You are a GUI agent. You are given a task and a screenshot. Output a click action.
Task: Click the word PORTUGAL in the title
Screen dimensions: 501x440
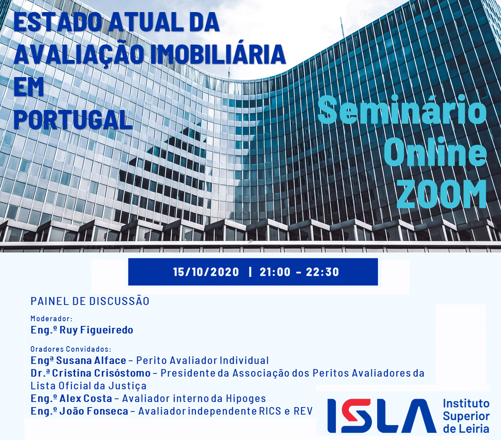73,120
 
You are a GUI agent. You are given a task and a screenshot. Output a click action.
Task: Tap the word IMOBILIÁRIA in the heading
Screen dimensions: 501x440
218,54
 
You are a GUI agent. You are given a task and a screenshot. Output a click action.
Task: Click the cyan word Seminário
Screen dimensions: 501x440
402,110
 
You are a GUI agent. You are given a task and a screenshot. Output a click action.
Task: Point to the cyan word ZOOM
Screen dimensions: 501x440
442,194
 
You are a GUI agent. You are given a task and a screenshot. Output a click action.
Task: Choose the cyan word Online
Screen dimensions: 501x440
435,152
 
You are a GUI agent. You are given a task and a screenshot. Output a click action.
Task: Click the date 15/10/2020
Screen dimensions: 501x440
206,272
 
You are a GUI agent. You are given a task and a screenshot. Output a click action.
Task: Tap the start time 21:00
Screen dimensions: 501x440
275,272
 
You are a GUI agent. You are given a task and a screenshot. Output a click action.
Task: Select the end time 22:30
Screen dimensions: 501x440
322,272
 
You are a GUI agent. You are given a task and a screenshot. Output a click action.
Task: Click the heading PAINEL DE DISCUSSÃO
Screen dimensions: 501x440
90,301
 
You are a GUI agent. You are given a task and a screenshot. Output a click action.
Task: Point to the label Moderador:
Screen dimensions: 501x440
51,318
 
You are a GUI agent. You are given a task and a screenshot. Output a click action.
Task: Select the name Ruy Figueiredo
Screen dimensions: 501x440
96,330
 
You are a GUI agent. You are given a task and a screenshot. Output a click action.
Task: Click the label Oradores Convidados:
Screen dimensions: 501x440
71,349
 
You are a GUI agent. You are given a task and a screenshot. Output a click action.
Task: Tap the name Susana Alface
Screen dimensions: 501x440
91,360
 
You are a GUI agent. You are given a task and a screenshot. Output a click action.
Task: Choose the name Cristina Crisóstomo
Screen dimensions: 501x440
101,373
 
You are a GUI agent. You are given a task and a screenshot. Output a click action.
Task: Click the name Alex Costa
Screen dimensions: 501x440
86,398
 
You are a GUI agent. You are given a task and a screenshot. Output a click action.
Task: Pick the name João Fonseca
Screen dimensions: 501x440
94,411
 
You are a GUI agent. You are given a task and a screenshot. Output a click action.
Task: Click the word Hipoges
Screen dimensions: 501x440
246,399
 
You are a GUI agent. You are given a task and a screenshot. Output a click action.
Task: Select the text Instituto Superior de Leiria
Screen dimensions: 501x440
466,416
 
